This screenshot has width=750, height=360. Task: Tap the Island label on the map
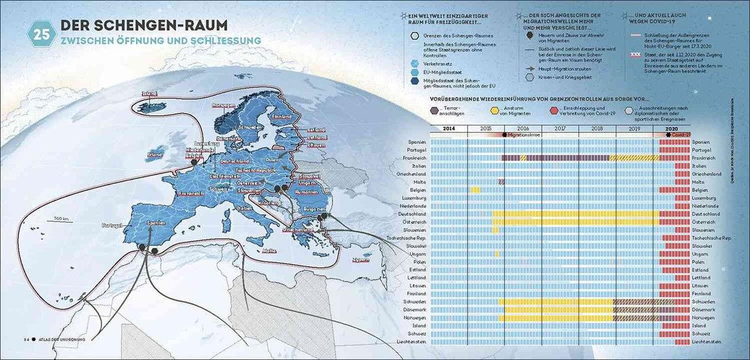[x=150, y=94]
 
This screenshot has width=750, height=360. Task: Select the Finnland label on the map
[x=281, y=117]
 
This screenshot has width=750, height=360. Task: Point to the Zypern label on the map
[x=360, y=259]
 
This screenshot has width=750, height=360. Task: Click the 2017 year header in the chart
[x=560, y=128]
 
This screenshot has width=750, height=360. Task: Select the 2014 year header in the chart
[x=449, y=128]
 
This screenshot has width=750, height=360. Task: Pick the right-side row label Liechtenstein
[x=709, y=341]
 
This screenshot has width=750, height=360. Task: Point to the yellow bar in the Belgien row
[x=475, y=190]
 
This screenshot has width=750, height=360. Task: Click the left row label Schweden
[x=415, y=301]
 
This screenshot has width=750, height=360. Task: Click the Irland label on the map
[x=155, y=154]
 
